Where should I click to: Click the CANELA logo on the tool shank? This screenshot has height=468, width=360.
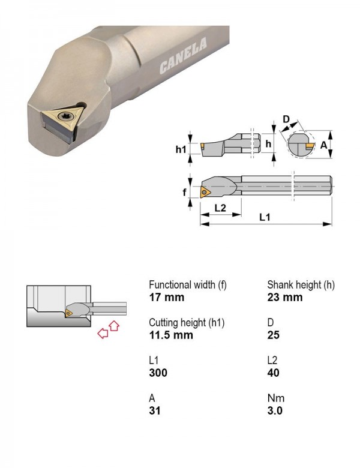(x=183, y=56)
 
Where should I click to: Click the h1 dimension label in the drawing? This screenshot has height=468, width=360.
(x=181, y=149)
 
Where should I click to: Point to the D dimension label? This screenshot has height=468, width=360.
(x=286, y=119)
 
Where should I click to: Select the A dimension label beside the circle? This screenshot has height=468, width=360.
(x=323, y=145)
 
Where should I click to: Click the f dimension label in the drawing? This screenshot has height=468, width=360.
(x=184, y=192)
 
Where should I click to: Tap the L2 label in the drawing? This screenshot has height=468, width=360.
(x=220, y=208)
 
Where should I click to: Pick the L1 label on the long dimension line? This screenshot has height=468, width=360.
(x=265, y=217)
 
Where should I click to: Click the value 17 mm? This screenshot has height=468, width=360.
(x=167, y=297)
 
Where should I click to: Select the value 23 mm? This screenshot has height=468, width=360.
(x=285, y=297)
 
